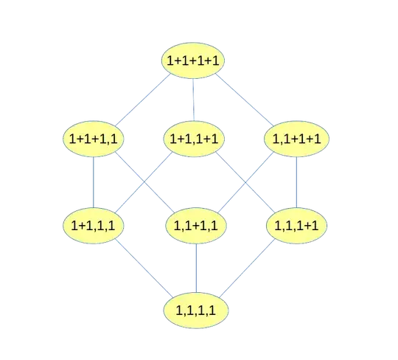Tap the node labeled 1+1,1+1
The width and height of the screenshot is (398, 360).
[195, 139]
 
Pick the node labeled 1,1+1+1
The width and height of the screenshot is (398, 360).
[296, 139]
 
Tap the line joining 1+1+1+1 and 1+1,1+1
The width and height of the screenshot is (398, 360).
[194, 100]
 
